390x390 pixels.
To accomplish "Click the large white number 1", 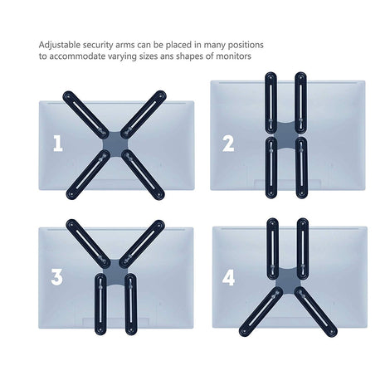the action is pos(58,144).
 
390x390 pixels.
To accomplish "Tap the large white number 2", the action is pos(228,144).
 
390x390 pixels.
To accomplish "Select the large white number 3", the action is pos(56,277).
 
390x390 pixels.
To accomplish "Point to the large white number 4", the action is pos(228,278).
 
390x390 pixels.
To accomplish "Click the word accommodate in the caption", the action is pos(76,56).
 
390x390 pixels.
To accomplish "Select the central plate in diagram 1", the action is pos(115,144).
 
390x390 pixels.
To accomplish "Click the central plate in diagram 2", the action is pos(286,135).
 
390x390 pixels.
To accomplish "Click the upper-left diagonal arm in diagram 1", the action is pos(86,113).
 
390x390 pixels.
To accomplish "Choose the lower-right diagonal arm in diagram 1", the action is pos(144,174).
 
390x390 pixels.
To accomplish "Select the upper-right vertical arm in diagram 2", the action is pos(301,103).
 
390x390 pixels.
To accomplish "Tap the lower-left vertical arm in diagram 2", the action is pos(271,168).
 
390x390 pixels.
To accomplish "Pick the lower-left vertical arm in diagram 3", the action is pos(100,304).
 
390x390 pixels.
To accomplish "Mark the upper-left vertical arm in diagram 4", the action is pos(273,249).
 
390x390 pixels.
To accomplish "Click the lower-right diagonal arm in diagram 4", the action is pos(316,312).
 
